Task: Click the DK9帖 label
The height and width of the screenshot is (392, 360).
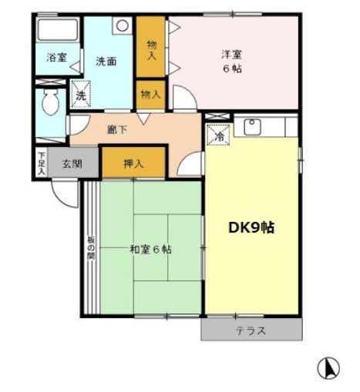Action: click(x=251, y=227)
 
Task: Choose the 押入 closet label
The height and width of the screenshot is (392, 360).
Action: click(x=133, y=162)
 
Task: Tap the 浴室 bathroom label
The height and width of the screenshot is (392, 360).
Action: click(x=56, y=57)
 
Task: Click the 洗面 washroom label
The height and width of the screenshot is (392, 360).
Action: click(x=106, y=61)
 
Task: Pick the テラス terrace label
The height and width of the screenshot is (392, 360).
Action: click(x=251, y=331)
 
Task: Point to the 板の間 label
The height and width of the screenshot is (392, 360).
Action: click(x=90, y=249)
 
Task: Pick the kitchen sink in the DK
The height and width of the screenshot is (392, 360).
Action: click(x=252, y=125)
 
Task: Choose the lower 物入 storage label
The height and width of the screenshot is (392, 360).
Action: click(x=151, y=94)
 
